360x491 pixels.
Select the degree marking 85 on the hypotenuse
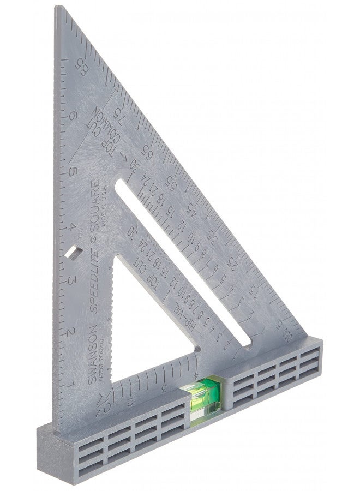point(81,67)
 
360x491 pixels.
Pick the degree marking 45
point(192,209)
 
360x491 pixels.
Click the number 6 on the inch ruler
point(73,115)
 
